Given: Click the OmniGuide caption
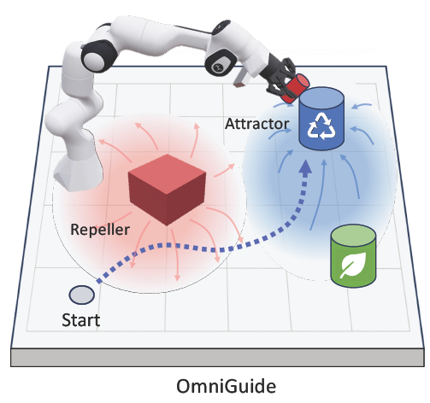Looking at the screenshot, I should tap(214, 383).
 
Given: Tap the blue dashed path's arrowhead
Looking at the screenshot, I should tap(303, 171).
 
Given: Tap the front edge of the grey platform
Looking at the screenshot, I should tap(214, 356).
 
